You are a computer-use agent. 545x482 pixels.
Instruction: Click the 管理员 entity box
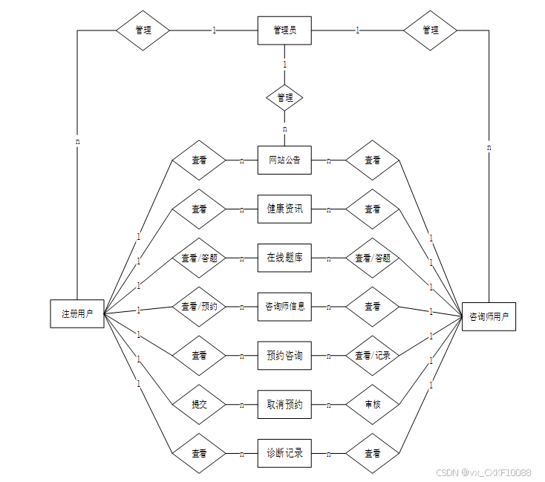pyautogui.click(x=284, y=30)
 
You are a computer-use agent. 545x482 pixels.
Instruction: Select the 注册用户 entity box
pyautogui.click(x=77, y=314)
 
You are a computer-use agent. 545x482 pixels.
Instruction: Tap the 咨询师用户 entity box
pyautogui.click(x=489, y=316)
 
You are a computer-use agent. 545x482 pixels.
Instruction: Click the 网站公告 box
pyautogui.click(x=284, y=160)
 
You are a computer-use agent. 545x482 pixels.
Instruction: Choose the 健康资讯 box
pyautogui.click(x=284, y=209)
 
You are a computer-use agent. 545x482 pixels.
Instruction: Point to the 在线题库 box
pyautogui.click(x=284, y=258)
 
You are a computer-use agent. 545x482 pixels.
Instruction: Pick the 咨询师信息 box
pyautogui.click(x=284, y=306)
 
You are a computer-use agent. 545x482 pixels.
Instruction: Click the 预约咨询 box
pyautogui.click(x=284, y=356)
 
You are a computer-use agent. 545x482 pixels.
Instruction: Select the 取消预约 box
pyautogui.click(x=284, y=405)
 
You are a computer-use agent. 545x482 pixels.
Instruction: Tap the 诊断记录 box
pyautogui.click(x=284, y=453)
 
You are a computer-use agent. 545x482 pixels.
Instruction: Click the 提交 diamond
pyautogui.click(x=199, y=405)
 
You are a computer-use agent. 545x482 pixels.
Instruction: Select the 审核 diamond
pyautogui.click(x=372, y=405)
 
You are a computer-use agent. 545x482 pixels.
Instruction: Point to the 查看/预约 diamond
pyautogui.click(x=199, y=306)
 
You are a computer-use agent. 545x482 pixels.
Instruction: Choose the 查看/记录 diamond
pyautogui.click(x=372, y=356)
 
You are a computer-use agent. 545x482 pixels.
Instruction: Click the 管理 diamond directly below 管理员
pyautogui.click(x=284, y=97)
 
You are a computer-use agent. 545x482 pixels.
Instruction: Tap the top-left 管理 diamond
pyautogui.click(x=143, y=30)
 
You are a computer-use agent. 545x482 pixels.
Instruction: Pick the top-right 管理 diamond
pyautogui.click(x=430, y=30)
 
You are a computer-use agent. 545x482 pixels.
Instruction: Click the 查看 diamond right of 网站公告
pyautogui.click(x=372, y=160)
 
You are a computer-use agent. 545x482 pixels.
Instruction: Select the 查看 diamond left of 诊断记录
pyautogui.click(x=199, y=453)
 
